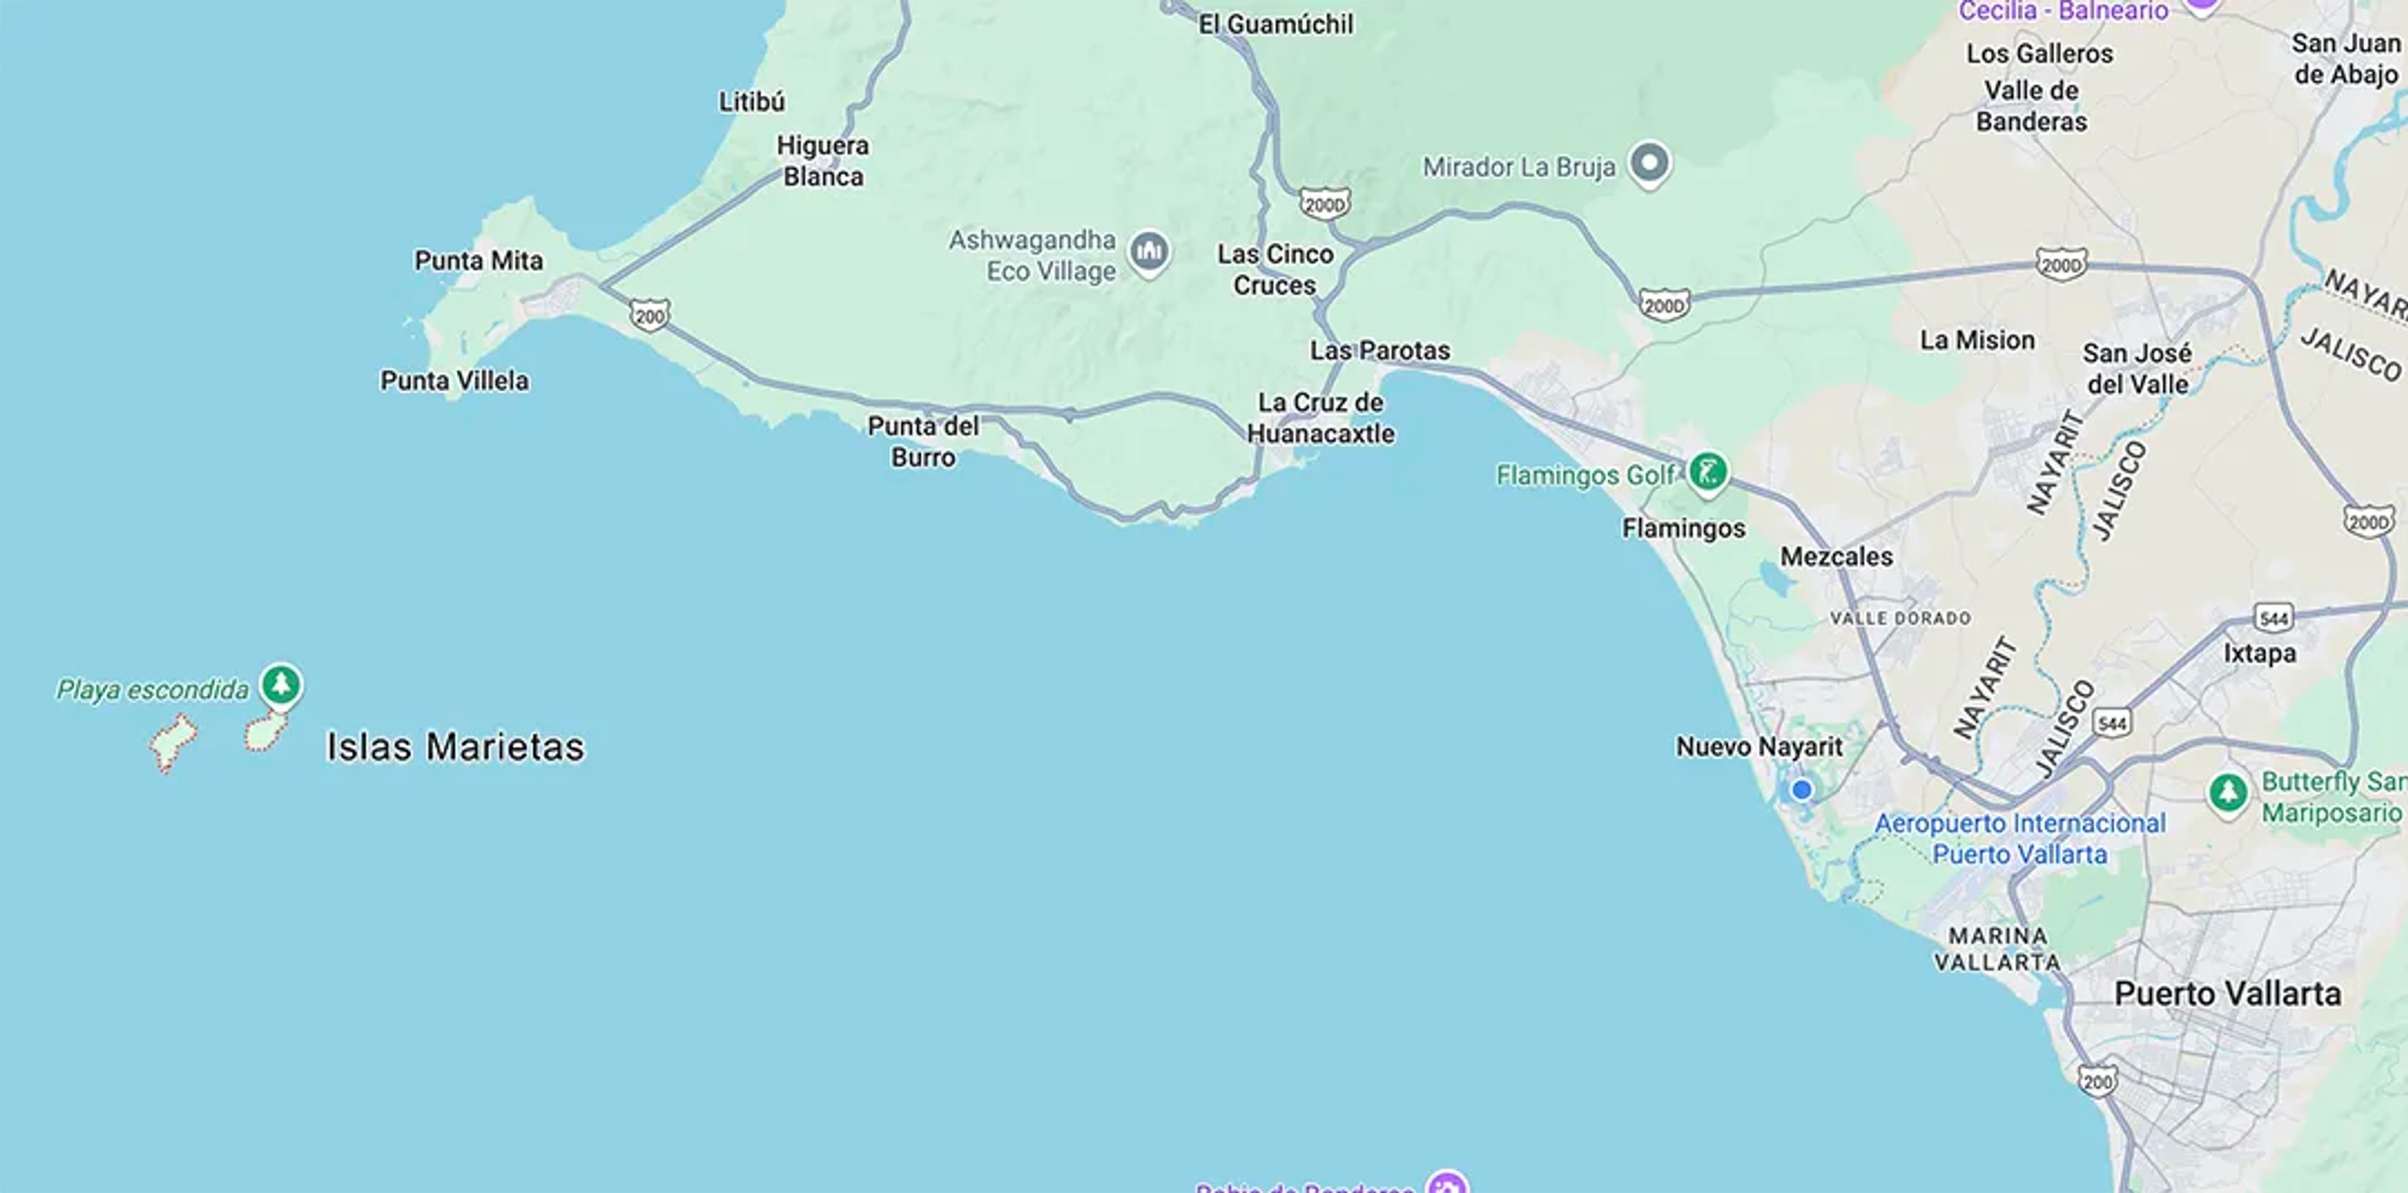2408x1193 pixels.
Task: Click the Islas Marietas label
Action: pos(455,747)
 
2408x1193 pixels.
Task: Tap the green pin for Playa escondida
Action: pos(280,684)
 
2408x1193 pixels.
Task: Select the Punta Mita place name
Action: pos(478,261)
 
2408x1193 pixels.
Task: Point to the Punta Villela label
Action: pos(454,381)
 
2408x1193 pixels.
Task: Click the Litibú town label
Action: pos(752,102)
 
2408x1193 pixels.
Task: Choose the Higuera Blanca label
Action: pos(823,161)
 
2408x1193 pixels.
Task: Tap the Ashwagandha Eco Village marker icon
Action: pos(1149,252)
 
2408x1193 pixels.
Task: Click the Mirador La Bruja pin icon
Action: pos(1649,164)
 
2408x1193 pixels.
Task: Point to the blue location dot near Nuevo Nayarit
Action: pos(1802,790)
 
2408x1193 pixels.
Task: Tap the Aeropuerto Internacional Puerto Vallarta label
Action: pos(2019,839)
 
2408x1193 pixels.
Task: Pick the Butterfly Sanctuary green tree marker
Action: pos(2227,793)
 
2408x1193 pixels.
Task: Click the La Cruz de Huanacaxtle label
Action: pos(1320,418)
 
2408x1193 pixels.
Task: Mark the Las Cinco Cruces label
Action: pos(1275,269)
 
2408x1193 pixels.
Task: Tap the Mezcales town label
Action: pos(1836,557)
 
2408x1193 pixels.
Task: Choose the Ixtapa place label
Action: pos(2259,654)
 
